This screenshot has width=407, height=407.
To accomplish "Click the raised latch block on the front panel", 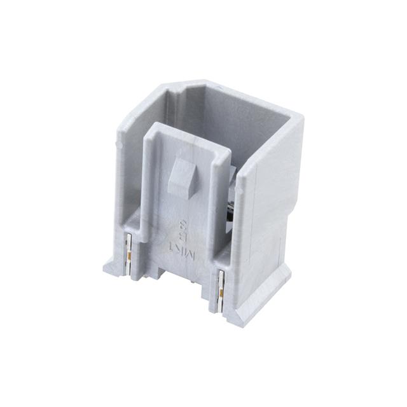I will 182,179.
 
